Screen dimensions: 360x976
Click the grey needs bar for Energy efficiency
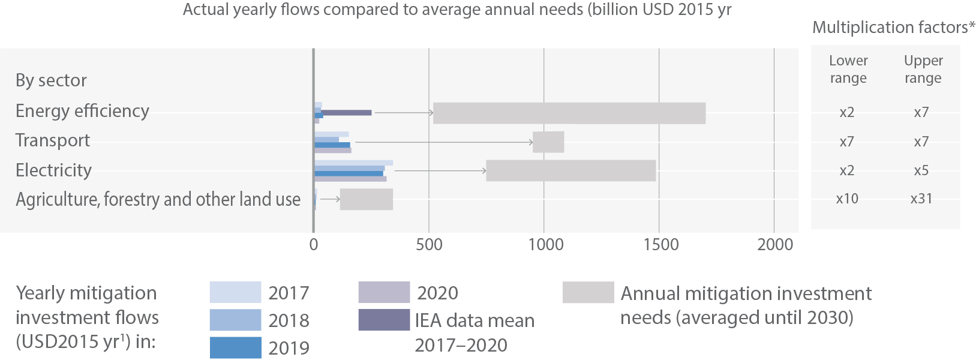569,113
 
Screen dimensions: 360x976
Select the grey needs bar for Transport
548,142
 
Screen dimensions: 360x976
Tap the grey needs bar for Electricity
570,170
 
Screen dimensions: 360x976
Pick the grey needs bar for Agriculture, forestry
366,199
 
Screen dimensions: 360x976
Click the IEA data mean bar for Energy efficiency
347,112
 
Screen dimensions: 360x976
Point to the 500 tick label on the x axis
429,245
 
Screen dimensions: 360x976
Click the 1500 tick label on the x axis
660,245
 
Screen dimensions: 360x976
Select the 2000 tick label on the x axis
775,245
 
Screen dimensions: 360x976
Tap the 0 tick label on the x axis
314,245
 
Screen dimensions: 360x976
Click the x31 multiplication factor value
921,199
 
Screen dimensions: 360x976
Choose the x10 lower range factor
847,199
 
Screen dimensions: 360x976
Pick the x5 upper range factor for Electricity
921,170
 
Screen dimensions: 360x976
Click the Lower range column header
848,69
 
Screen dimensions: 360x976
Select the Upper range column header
923,69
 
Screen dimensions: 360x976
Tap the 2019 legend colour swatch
235,347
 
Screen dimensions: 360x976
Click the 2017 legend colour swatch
235,292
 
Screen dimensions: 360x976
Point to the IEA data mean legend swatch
384,320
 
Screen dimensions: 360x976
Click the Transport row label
53,140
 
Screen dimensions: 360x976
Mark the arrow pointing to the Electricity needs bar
440,171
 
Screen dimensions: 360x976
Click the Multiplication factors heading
893,28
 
